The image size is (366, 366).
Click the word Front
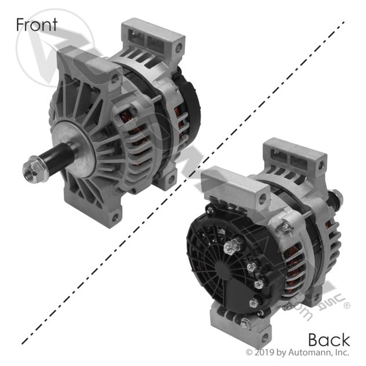pyautogui.click(x=36, y=24)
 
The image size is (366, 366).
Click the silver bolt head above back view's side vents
pyautogui.click(x=284, y=228)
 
